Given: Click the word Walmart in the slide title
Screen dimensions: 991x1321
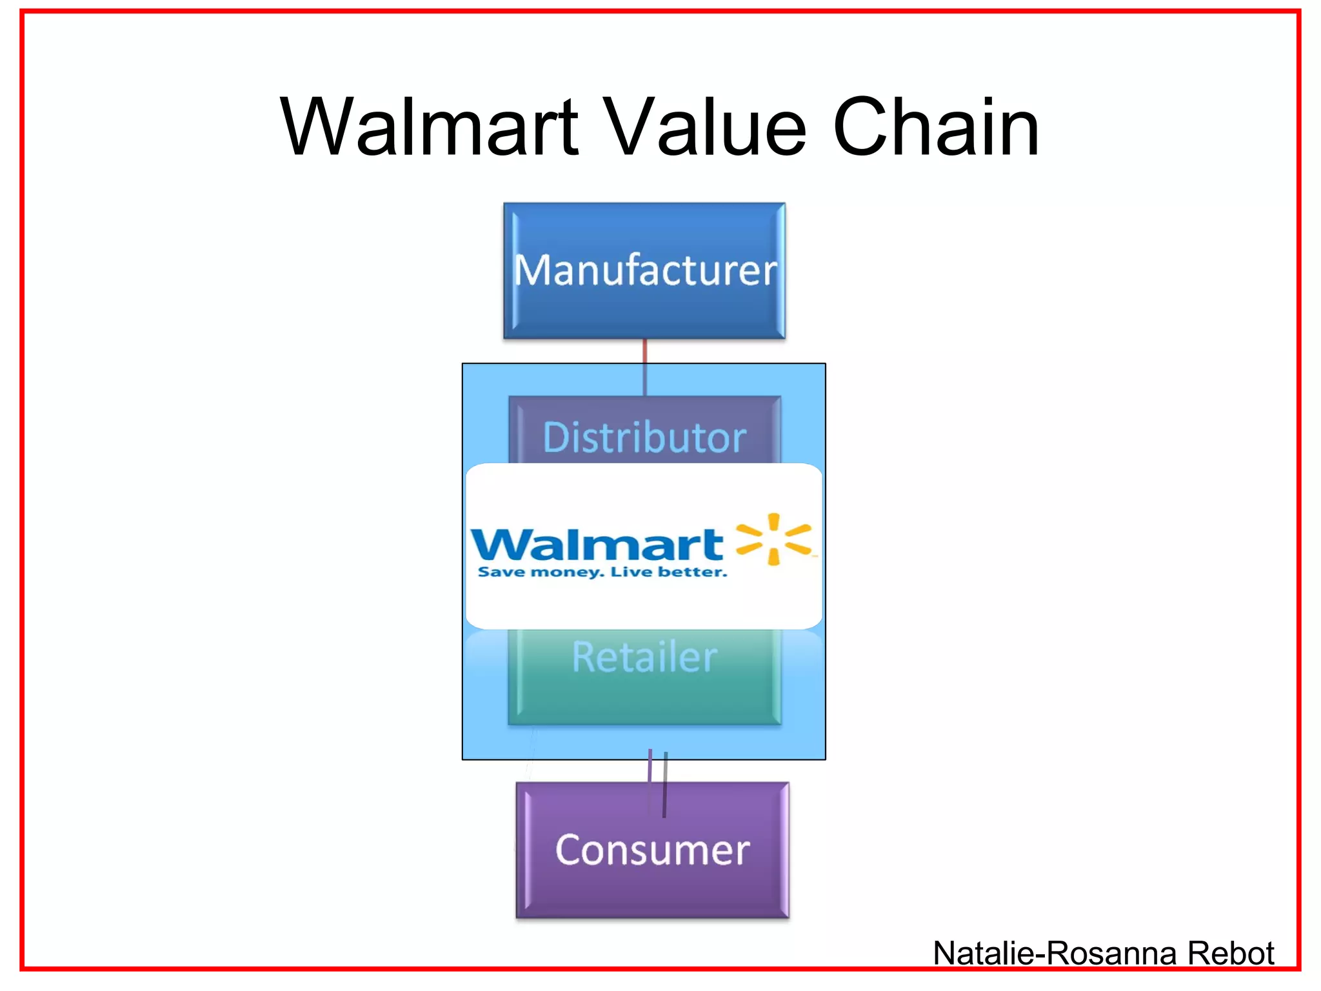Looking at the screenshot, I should pos(429,127).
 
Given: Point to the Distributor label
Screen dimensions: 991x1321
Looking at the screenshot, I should pos(644,437).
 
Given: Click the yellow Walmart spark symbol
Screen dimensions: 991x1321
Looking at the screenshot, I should pos(773,539).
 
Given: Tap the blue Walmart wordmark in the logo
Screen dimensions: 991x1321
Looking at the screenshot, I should pos(597,545).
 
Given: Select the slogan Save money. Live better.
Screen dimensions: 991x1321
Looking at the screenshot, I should pos(602,572).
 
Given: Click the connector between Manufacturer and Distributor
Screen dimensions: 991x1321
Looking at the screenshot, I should pos(644,366).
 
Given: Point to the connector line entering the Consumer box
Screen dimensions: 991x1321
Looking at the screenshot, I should pos(664,784).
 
